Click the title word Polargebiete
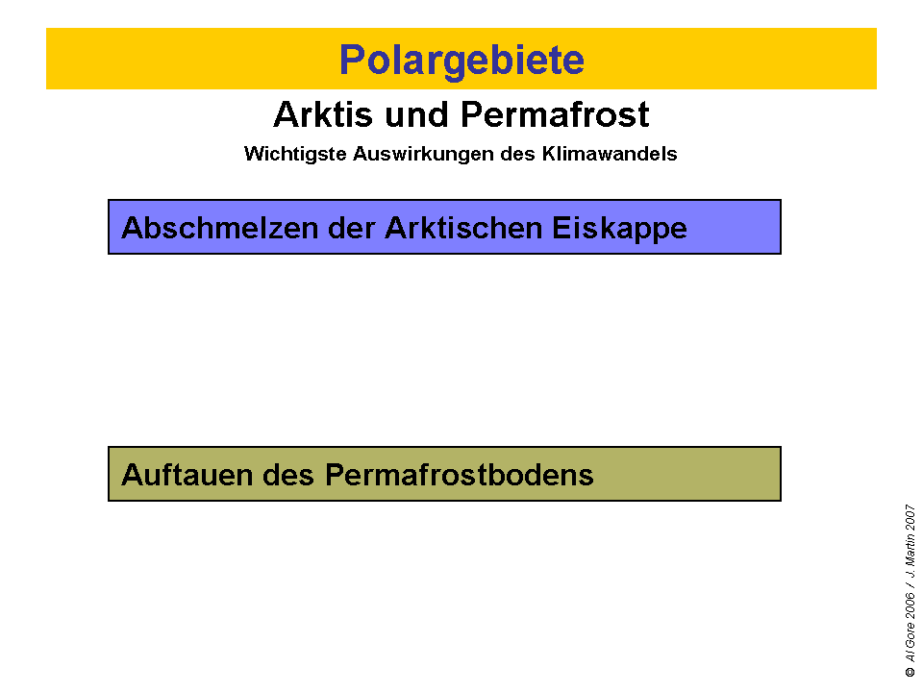click(x=461, y=60)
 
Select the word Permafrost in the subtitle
click(x=555, y=114)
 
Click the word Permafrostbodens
click(x=460, y=475)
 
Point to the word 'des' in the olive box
click(x=287, y=475)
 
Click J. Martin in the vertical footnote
click(x=909, y=559)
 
